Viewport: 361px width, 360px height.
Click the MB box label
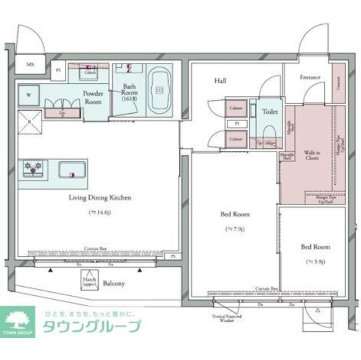[x=30, y=65]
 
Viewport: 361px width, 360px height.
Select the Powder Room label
[x=93, y=97]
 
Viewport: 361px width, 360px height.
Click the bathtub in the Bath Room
[x=159, y=90]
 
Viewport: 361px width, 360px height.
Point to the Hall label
[x=220, y=81]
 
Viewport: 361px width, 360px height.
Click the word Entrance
[x=310, y=77]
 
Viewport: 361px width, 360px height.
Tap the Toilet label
[x=270, y=112]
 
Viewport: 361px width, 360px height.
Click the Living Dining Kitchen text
[x=100, y=198]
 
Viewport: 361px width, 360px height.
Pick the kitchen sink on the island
[x=72, y=171]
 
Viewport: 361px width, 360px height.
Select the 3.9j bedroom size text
[x=315, y=261]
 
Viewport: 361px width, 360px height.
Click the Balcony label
[x=114, y=283]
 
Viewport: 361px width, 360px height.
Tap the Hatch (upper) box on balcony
[x=89, y=281]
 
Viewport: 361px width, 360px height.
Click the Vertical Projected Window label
[x=226, y=319]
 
